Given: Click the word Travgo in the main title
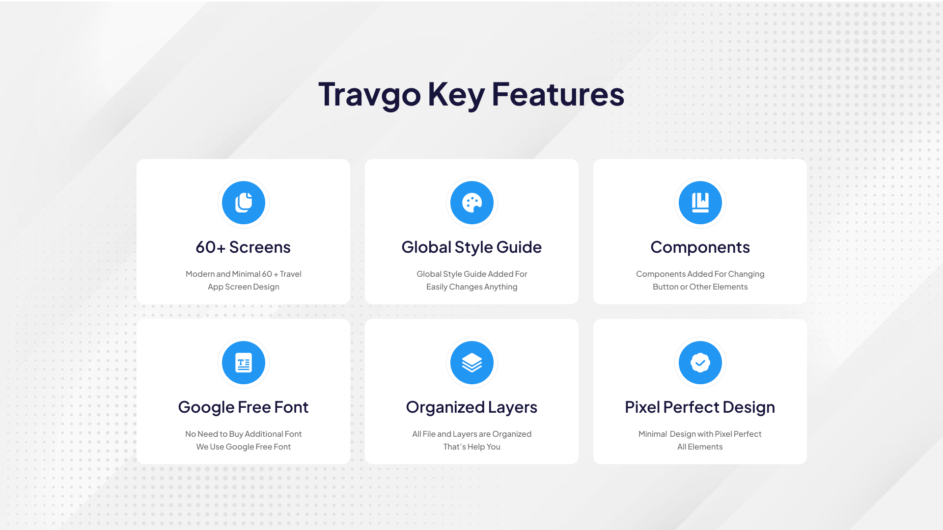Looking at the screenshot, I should (x=369, y=95).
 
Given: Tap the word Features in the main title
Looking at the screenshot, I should (x=558, y=94).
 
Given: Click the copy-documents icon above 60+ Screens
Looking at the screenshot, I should (x=244, y=203).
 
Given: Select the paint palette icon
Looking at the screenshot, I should (x=471, y=203).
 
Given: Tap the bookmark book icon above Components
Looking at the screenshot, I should (x=700, y=203).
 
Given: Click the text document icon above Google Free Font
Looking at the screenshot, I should (x=244, y=363).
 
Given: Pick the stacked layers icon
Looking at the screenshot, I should (x=471, y=363).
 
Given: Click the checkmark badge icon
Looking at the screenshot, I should (x=700, y=363).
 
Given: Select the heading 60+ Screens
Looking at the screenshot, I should (x=243, y=247).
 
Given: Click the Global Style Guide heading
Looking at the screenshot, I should (x=471, y=247).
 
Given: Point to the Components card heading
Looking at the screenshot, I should (x=700, y=247).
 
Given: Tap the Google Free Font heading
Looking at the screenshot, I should (x=243, y=407).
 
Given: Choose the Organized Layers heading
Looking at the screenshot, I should (x=471, y=407).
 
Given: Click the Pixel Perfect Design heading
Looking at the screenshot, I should (x=700, y=407).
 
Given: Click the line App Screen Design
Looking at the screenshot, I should (x=243, y=287).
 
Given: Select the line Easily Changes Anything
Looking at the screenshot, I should (x=471, y=287).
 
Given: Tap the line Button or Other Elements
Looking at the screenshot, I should (x=700, y=287).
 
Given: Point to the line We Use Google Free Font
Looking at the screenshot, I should (x=243, y=447).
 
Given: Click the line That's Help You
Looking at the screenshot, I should (x=471, y=447).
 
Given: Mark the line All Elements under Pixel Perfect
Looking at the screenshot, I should (x=700, y=447).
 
